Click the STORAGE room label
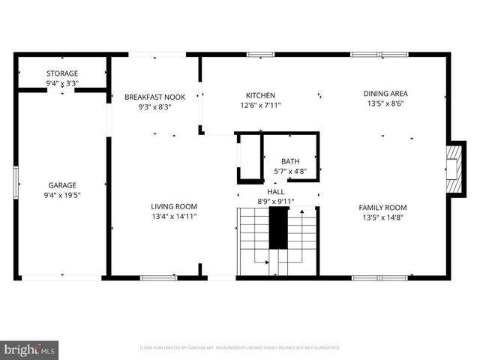tap(62, 73)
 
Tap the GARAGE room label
tap(62, 184)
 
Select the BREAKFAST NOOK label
tap(154, 97)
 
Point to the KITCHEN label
tap(260, 95)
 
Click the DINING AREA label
tap(386, 94)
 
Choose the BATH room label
tap(289, 161)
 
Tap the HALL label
tap(276, 191)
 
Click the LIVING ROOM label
tap(173, 206)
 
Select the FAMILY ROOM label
tap(382, 207)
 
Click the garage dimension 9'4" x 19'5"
tap(62, 195)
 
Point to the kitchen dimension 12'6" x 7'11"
tap(260, 106)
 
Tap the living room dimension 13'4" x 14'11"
tap(173, 217)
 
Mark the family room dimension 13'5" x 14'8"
tap(382, 217)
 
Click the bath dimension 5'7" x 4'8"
tap(289, 172)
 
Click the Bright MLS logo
tap(30, 349)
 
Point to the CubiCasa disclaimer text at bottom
tap(240, 348)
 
